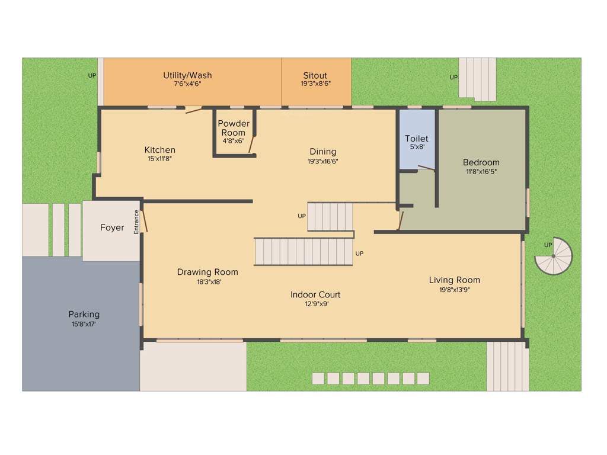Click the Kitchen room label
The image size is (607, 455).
point(160,150)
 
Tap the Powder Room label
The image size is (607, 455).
point(234,128)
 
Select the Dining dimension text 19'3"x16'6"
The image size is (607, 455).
point(323,161)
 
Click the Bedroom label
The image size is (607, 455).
point(481,162)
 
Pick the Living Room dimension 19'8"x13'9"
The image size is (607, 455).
point(455,290)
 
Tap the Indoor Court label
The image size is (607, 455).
point(315,294)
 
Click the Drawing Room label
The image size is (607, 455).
point(207,272)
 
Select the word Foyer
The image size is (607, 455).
point(112,227)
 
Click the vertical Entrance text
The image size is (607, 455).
point(136,222)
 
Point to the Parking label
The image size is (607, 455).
point(84,314)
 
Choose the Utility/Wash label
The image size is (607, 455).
point(187,75)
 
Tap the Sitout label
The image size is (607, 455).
point(315,75)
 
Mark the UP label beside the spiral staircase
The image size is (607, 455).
point(548,245)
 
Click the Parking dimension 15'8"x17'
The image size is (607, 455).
point(84,324)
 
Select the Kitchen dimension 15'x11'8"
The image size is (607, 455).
point(160,159)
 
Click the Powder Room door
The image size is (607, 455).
point(252,144)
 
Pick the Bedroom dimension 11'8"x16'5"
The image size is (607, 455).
point(481,172)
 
